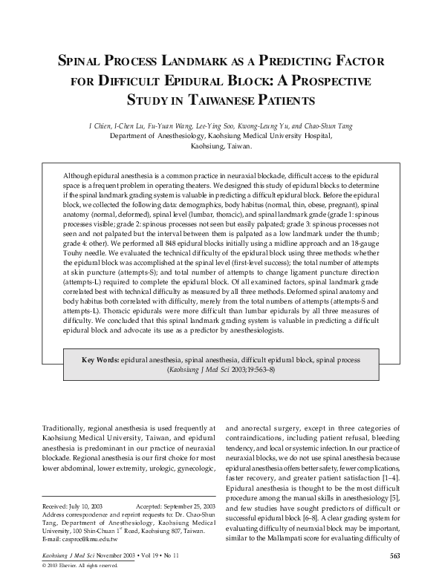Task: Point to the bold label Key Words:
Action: (x=100, y=359)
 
